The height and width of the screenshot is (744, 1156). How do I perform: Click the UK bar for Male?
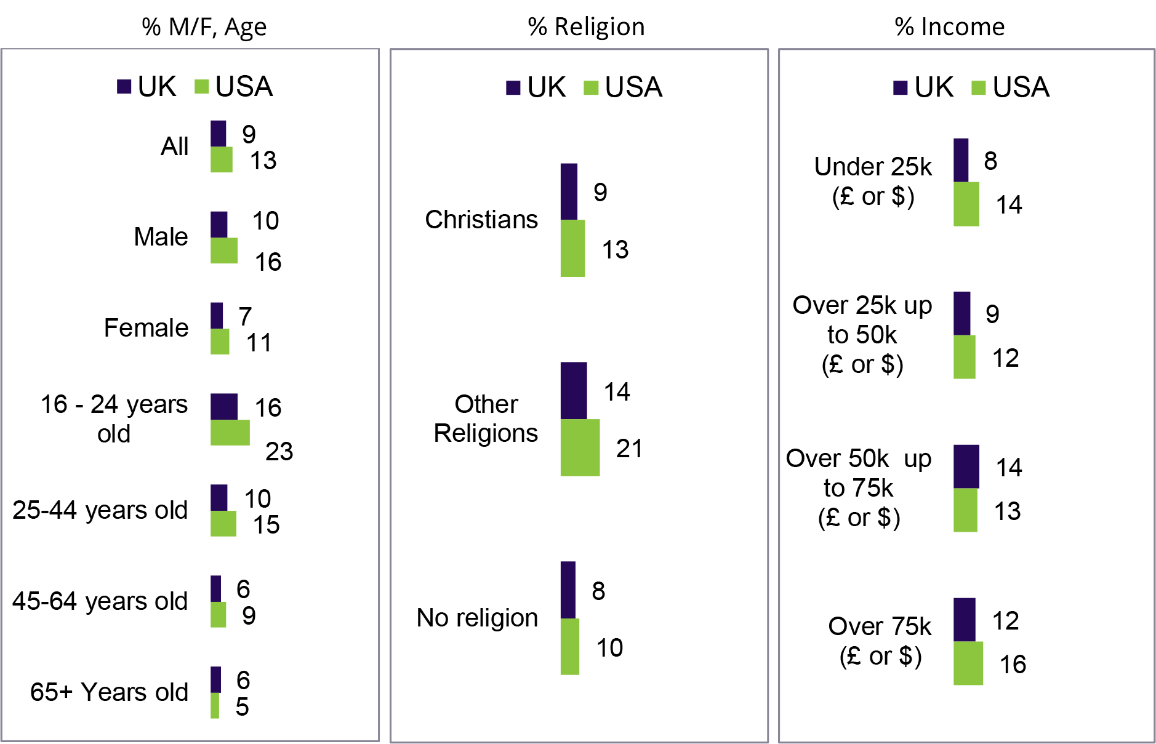[219, 225]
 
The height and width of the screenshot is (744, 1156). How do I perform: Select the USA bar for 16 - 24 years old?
[230, 433]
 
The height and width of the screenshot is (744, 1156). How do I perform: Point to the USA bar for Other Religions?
[580, 447]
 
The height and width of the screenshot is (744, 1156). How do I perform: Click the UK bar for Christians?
[569, 191]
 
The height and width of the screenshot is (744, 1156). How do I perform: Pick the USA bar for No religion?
[569, 646]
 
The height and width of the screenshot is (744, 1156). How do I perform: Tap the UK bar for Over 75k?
[964, 620]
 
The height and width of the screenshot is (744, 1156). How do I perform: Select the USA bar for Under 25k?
[966, 204]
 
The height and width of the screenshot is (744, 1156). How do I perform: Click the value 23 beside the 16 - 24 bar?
[279, 452]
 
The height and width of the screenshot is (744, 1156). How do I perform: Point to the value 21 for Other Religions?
[629, 449]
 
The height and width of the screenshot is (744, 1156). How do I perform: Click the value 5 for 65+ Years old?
[242, 706]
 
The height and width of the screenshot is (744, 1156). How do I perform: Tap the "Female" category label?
[146, 328]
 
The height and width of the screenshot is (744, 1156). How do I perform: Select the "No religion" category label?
[477, 618]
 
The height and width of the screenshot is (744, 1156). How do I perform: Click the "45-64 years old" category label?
[100, 601]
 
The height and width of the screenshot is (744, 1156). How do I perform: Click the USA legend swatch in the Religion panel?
[591, 88]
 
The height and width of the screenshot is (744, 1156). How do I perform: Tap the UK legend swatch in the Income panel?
[901, 88]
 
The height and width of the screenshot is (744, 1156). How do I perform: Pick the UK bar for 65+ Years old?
[215, 679]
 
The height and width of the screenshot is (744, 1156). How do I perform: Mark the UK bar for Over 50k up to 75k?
[966, 466]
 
